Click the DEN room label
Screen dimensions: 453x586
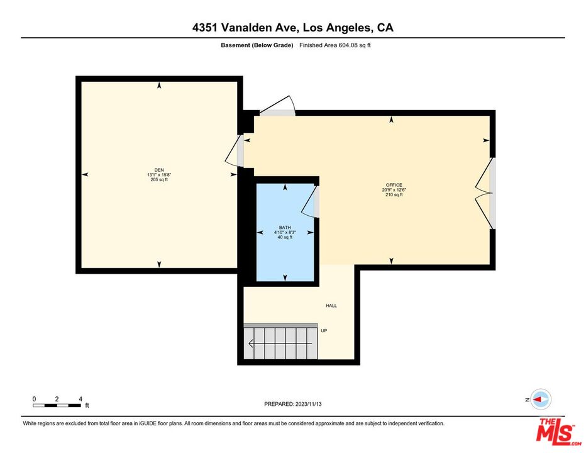[159, 169]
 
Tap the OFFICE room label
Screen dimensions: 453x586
[394, 185]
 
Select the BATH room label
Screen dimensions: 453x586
[285, 227]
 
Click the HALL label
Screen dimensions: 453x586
[331, 306]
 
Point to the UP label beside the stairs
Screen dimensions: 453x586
[324, 330]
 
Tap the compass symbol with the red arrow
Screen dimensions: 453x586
[540, 400]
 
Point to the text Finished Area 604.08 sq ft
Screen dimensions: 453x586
[334, 45]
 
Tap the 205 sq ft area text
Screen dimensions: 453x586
[159, 179]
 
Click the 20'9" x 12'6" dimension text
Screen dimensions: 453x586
[394, 190]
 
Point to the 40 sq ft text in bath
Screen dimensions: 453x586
[285, 237]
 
